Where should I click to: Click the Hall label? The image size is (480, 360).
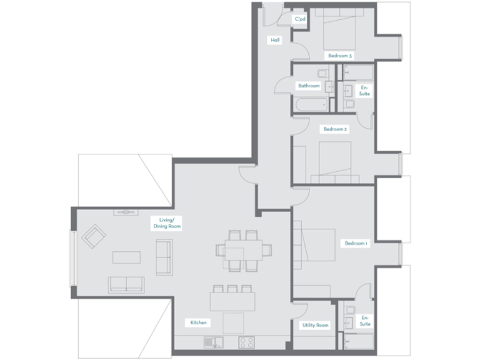(x=275, y=40)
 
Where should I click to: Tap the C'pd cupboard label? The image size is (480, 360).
(x=301, y=19)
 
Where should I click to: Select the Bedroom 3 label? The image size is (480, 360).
(x=340, y=56)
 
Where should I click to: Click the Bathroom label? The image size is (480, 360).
(x=309, y=86)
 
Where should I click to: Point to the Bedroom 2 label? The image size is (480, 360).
(x=335, y=129)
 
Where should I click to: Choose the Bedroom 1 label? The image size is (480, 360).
(x=356, y=243)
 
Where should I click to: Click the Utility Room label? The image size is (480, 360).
(x=316, y=325)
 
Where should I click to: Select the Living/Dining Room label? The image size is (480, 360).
(x=166, y=224)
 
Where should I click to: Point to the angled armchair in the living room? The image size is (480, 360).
(x=94, y=236)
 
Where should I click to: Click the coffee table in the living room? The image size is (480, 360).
(x=126, y=257)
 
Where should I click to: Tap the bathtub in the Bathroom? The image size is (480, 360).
(x=310, y=104)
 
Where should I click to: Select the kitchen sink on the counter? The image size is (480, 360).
(x=214, y=342)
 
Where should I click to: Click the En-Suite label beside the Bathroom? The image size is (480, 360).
(x=364, y=90)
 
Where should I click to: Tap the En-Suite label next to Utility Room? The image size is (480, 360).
(x=365, y=321)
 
